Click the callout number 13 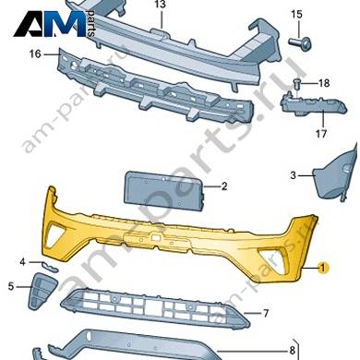tap(161, 5)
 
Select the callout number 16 tap(35, 54)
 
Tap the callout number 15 tap(297, 14)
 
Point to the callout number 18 tap(324, 83)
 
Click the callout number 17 tap(321, 134)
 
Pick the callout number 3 tap(293, 175)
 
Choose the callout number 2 tap(224, 186)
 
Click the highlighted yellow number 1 tap(322, 269)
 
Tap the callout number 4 tap(22, 262)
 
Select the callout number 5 tap(11, 287)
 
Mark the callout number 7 tap(266, 314)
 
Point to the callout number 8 tap(292, 350)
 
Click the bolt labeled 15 tap(300, 42)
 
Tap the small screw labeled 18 tap(296, 82)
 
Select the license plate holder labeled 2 tap(164, 191)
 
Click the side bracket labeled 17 tap(313, 104)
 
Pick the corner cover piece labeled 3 tap(333, 176)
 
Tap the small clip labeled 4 tap(51, 267)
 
